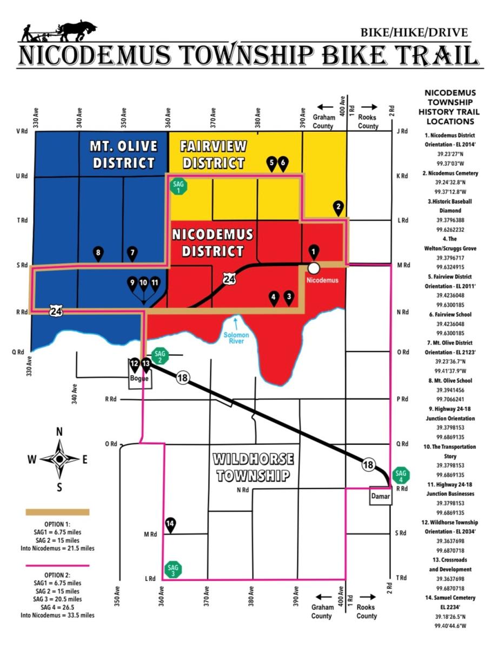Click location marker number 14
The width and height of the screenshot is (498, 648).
pos(170,524)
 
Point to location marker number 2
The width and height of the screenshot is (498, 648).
pos(338,207)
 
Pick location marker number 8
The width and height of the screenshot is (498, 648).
pos(98,253)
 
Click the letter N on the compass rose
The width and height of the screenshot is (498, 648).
pos(59,431)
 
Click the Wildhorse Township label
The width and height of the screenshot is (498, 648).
pos(253,468)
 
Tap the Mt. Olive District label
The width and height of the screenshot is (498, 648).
pos(124,154)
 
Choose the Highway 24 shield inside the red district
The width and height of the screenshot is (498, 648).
pos(229,279)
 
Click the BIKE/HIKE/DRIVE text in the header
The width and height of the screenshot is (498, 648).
pos(414,33)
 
